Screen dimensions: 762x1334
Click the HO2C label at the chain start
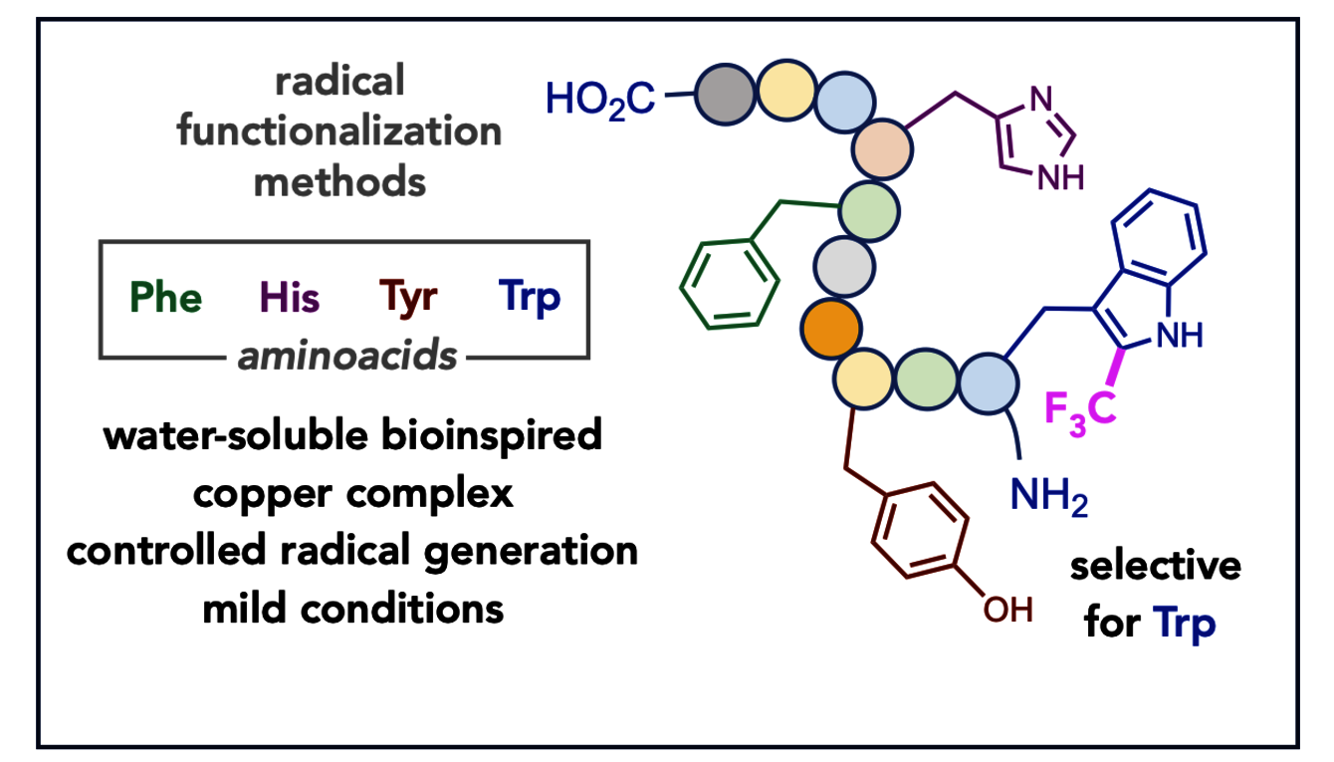[x=600, y=98]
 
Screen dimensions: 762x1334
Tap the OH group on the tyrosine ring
[x=1007, y=608]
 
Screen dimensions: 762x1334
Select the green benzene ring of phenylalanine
[x=730, y=282]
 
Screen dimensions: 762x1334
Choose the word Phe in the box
[x=165, y=297]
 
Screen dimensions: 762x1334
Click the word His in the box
[x=290, y=297]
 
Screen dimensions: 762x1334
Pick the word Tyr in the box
[x=408, y=297]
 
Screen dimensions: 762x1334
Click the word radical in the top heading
[x=339, y=82]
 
